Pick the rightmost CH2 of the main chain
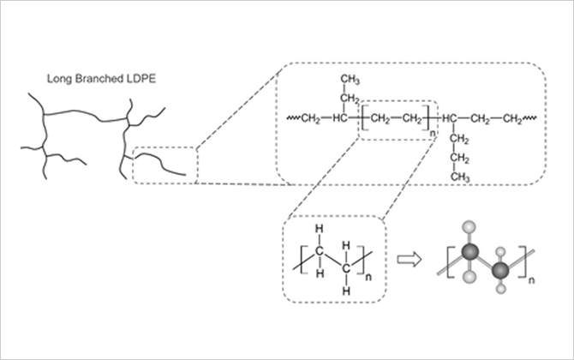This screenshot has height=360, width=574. (x=514, y=117)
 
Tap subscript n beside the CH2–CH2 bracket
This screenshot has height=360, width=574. (x=433, y=131)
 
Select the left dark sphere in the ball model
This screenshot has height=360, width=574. (x=469, y=249)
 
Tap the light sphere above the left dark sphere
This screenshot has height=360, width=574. (x=469, y=226)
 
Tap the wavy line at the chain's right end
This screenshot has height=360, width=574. (x=534, y=117)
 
